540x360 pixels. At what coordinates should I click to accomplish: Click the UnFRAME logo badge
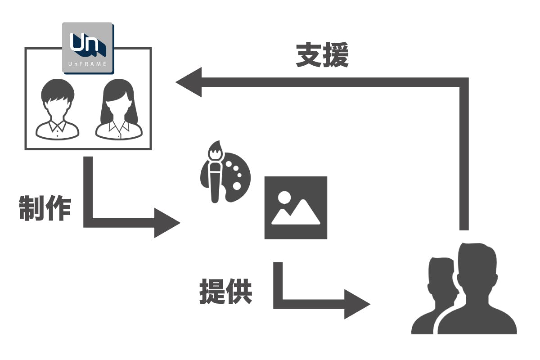pos(88,47)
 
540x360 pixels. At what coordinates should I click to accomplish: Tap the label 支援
pos(322,55)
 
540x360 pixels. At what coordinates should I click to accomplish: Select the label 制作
pos(45,208)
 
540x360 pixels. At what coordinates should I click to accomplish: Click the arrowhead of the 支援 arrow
pos(189,82)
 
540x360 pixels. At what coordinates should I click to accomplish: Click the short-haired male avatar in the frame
pos(58,110)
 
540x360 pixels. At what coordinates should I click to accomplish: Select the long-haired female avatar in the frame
pos(118,110)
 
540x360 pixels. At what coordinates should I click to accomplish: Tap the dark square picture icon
pos(296,207)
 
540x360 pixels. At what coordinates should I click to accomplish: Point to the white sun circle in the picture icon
pos(284,197)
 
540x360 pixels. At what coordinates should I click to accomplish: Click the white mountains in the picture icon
pos(297,216)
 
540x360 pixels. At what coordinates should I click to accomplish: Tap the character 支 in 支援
pos(309,55)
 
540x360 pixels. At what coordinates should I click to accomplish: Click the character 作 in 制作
pos(58,208)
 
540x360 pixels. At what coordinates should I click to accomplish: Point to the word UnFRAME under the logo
pos(88,64)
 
